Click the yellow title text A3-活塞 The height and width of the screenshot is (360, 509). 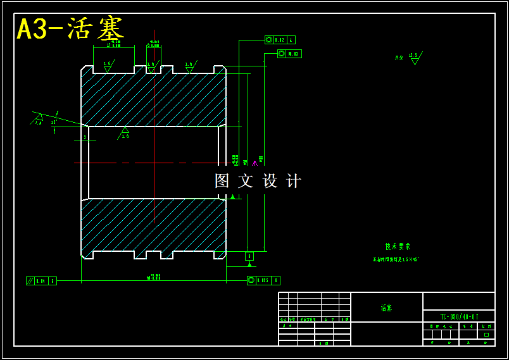[x=70, y=29]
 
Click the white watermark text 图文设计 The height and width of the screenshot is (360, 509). [x=258, y=181]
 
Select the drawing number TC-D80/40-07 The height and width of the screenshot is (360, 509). [x=459, y=316]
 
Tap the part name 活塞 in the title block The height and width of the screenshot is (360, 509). [x=386, y=308]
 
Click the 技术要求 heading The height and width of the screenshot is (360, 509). [x=398, y=247]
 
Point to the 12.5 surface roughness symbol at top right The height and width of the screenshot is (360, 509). [x=414, y=58]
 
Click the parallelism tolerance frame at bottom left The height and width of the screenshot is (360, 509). [x=41, y=281]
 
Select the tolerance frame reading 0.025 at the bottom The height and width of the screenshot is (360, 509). [x=263, y=280]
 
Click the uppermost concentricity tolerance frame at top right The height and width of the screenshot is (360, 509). [x=280, y=40]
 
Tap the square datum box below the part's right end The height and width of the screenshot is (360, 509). [x=249, y=256]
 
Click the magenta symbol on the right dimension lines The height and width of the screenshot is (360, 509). [x=254, y=163]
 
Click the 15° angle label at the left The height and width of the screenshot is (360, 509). [x=54, y=122]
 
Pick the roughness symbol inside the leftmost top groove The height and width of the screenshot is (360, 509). [x=107, y=66]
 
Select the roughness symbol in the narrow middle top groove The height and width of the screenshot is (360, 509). [x=151, y=66]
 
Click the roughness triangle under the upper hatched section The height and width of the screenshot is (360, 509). [x=125, y=132]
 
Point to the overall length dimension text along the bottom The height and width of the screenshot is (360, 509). [x=154, y=276]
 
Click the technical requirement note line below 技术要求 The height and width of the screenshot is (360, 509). [x=396, y=259]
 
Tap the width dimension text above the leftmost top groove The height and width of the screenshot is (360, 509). [x=114, y=44]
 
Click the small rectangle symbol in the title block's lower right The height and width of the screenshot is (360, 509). [x=486, y=335]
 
